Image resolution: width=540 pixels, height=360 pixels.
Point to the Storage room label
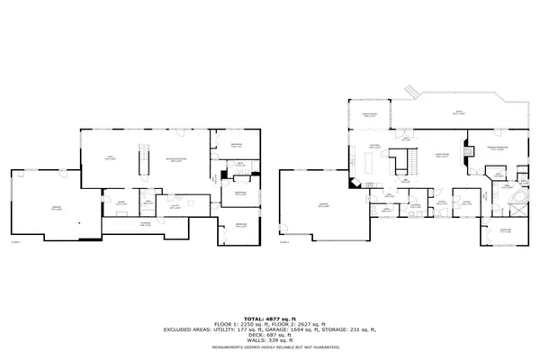(145, 221)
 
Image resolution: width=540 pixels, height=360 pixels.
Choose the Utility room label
(176, 207)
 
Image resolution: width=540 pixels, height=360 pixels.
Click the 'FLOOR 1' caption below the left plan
(14, 242)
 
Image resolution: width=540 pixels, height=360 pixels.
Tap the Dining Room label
(368, 115)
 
